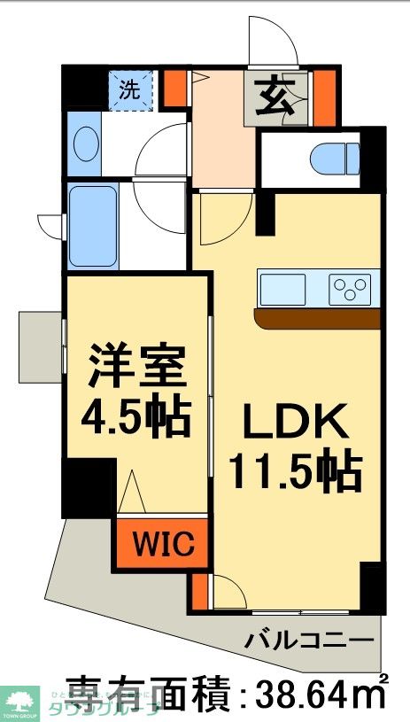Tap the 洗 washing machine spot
click(x=131, y=89)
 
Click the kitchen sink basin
click(x=282, y=289)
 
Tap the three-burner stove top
click(x=350, y=289)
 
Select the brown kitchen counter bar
click(x=316, y=318)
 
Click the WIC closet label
click(x=164, y=543)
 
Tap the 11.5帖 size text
click(x=295, y=472)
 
